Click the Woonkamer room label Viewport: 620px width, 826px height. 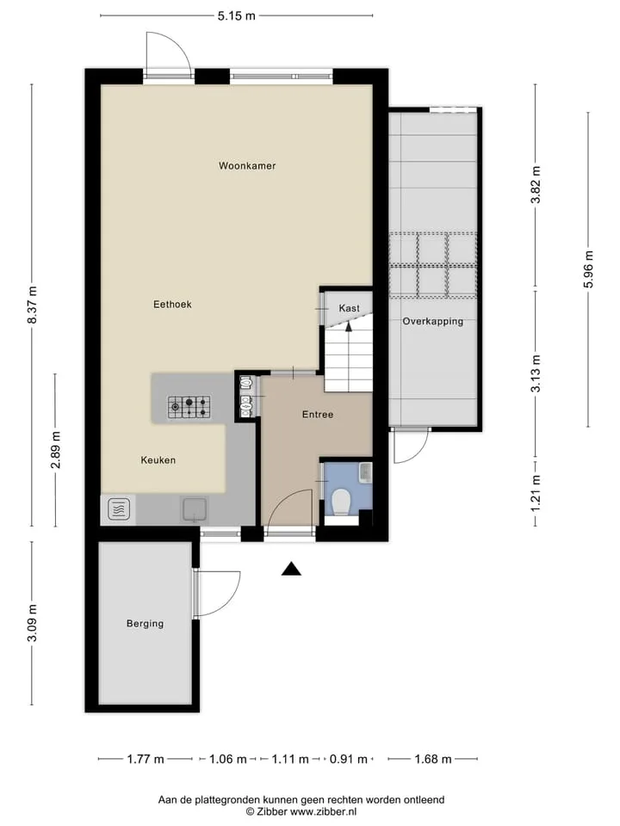point(247,166)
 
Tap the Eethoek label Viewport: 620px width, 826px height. point(172,305)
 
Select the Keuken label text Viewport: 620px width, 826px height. point(158,460)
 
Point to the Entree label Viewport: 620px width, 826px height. point(318,415)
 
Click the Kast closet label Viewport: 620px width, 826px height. point(349,308)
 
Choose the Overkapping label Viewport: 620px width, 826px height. point(433,321)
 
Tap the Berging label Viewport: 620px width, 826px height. point(145,624)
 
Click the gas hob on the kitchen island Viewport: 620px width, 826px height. point(189,407)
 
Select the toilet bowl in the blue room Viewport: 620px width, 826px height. point(342,502)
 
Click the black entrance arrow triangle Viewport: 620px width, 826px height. point(291,569)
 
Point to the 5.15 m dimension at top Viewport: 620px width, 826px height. point(236,15)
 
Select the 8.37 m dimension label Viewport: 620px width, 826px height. point(33,305)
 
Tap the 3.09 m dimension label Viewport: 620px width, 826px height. point(33,623)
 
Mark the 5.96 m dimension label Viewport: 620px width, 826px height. point(589,269)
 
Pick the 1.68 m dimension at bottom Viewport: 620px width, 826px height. point(433,759)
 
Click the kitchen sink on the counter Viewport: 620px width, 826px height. point(195,509)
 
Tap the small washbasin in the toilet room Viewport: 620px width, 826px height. point(366,472)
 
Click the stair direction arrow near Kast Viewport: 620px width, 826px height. point(348,327)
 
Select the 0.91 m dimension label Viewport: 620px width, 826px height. point(349,759)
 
